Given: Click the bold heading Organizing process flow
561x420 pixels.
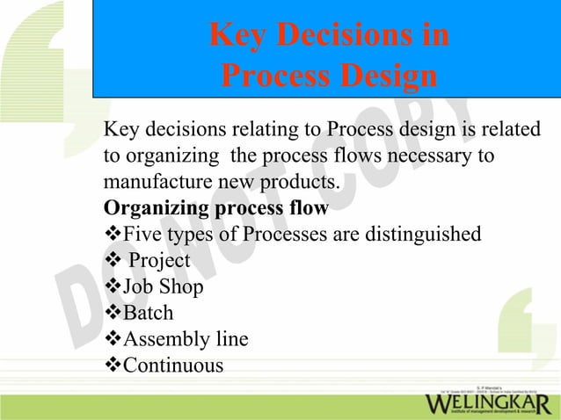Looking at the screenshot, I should coord(215,209).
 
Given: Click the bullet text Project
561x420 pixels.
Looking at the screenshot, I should coord(159,261).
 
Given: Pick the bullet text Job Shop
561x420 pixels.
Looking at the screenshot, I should coord(162,287).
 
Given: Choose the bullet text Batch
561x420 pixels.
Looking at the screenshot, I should coord(148,313).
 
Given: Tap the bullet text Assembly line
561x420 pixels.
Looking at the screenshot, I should coord(185,339).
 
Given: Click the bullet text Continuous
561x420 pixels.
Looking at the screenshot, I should coord(173,365).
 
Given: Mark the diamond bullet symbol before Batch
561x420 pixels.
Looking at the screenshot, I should coord(112,313).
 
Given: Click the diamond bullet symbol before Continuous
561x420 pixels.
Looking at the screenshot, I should coord(112,365).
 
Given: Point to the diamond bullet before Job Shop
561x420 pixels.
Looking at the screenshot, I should coord(112,287).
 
